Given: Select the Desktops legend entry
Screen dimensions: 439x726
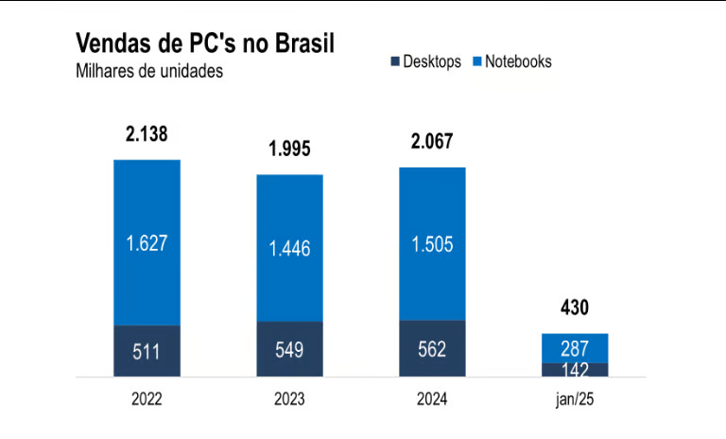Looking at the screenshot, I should (426, 61).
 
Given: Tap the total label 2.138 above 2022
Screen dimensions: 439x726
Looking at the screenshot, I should (147, 134).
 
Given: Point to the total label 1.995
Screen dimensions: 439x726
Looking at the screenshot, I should (289, 149).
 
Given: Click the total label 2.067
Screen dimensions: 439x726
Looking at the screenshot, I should (432, 142).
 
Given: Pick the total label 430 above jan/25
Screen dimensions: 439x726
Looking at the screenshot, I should (574, 308).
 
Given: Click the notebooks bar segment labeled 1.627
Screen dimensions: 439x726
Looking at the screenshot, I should (147, 242).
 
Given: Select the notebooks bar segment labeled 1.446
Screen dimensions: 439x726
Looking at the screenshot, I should (289, 248).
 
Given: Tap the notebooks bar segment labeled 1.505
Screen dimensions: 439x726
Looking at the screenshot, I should (432, 244).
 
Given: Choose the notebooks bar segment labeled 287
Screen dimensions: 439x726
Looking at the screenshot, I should (574, 347).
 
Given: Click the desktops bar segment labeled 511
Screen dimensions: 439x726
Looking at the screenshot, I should (147, 352).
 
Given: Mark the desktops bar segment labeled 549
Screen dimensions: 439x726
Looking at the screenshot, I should (289, 350).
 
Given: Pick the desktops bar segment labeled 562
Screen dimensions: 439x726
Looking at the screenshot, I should (432, 349).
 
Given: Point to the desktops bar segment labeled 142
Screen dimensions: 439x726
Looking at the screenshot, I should (574, 370).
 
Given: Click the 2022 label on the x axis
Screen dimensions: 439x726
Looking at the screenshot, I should (147, 400).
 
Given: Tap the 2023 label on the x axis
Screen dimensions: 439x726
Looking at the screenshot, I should (289, 400).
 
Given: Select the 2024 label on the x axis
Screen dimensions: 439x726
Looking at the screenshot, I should (432, 400).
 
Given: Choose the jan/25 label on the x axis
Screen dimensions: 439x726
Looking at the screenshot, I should (574, 400).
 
